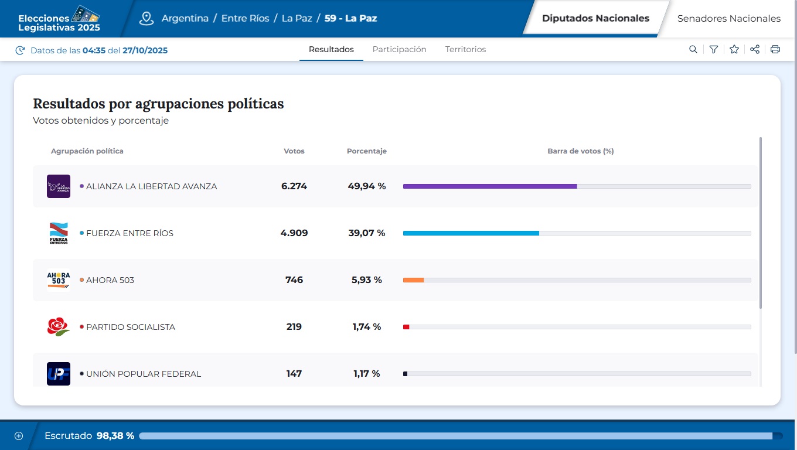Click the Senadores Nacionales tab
point(728,19)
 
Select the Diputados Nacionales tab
point(595,18)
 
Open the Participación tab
point(399,50)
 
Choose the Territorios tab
point(465,50)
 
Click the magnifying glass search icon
point(693,50)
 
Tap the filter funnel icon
point(713,50)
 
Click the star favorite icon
point(734,50)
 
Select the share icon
point(755,50)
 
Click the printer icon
point(775,50)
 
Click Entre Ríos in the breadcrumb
point(245,19)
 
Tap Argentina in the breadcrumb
point(185,19)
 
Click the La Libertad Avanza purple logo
point(59,186)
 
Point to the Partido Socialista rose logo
point(59,327)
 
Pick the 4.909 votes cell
point(294,233)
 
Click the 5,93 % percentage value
point(366,280)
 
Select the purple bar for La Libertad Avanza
point(489,186)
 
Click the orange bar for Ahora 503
point(413,280)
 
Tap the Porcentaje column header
point(366,151)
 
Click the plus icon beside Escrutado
point(19,436)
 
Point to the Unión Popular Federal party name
point(143,374)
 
